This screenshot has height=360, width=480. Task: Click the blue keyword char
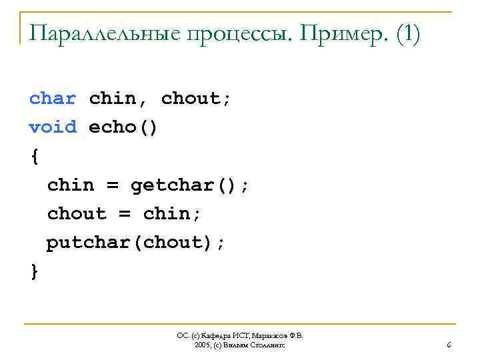53,99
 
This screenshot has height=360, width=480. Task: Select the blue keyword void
53,127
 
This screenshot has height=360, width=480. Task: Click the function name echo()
123,127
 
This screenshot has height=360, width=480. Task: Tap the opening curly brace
34,157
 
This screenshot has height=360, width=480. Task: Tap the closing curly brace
34,271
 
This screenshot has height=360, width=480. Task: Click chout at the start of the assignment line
77,214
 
